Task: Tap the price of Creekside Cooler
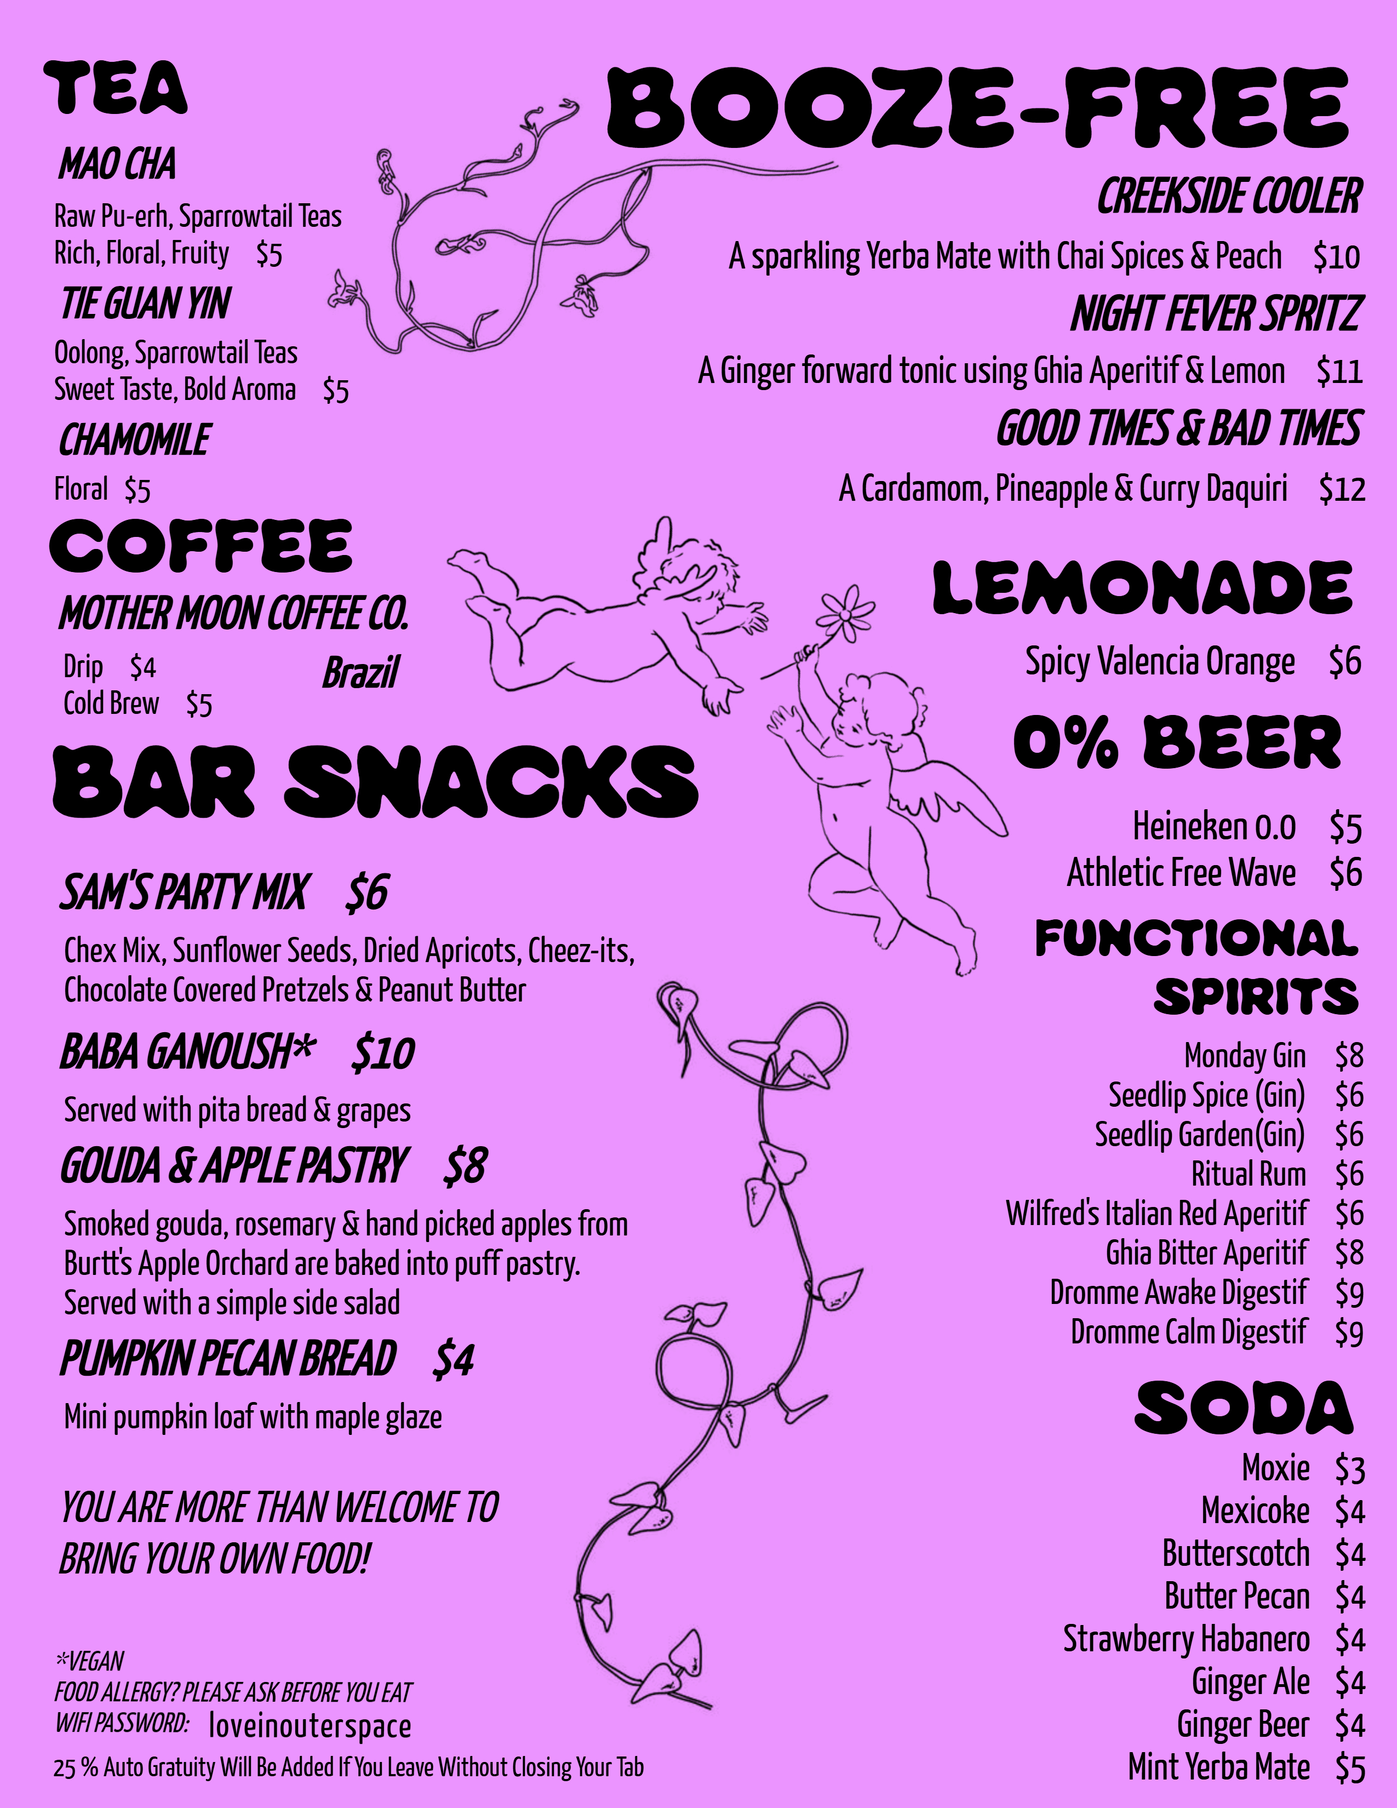[1336, 256]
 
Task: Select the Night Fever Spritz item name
[1215, 314]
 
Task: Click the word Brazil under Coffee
[360, 672]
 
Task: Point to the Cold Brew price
[199, 705]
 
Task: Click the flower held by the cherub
[845, 614]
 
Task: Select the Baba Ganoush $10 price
[382, 1053]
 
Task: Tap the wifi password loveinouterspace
[310, 1726]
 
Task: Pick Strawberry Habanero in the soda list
[1186, 1638]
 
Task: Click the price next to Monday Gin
[1348, 1056]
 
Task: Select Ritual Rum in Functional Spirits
[1248, 1174]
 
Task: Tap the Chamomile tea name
[134, 439]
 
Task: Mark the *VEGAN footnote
[89, 1661]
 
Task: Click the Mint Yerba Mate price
[1349, 1768]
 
